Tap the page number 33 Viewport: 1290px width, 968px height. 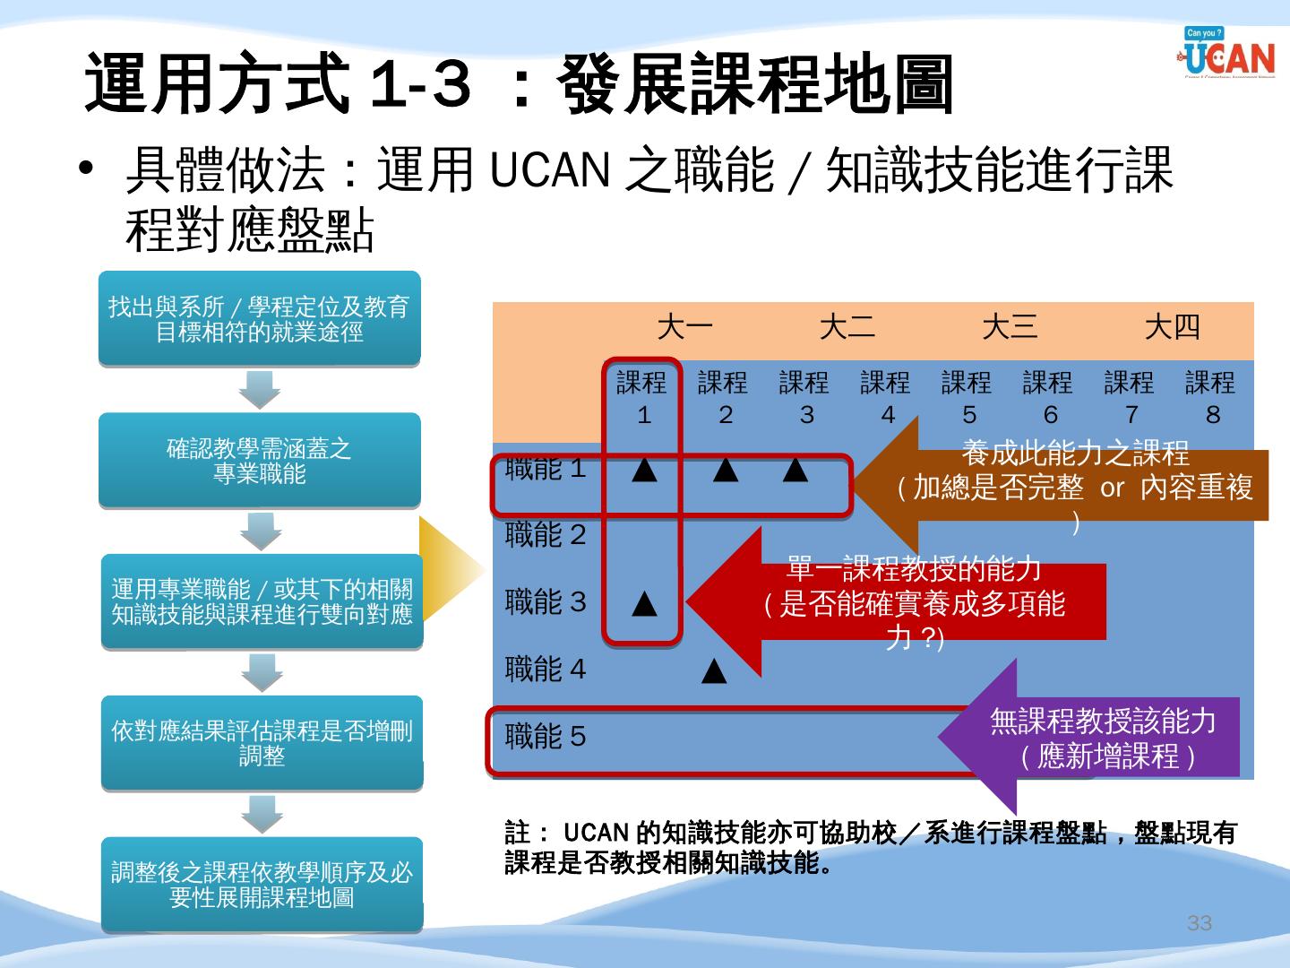1199,923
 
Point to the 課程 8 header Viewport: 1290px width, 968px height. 1210,398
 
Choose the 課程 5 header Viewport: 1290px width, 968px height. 967,398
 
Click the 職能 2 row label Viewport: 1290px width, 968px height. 546,535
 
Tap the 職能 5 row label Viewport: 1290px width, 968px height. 546,737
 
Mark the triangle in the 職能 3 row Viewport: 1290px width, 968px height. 644,604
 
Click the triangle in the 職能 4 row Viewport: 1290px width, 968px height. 714,670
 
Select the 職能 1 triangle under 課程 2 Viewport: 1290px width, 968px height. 725,470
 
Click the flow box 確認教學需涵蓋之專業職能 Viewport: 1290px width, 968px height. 259,461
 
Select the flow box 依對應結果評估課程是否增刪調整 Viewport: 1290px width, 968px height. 262,743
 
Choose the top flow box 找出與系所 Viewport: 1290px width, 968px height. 259,319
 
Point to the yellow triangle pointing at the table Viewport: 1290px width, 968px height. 448,569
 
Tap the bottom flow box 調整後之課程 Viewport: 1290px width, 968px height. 262,885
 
